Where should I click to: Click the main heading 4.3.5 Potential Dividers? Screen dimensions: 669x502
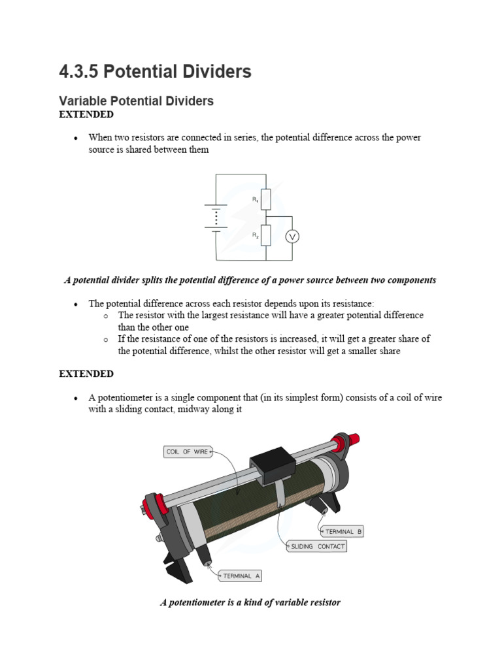(x=155, y=72)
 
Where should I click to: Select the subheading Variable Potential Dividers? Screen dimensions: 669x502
(x=136, y=101)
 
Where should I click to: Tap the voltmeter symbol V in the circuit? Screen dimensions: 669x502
(x=292, y=237)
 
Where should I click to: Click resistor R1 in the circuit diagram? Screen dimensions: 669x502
(x=265, y=199)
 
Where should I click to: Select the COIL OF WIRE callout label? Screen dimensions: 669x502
(x=188, y=452)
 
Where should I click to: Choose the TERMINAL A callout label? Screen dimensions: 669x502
(x=241, y=576)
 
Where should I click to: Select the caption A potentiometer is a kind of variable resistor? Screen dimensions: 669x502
(x=250, y=602)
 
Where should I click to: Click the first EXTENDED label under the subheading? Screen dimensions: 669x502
(x=86, y=115)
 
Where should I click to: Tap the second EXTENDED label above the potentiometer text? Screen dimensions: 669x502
(x=86, y=374)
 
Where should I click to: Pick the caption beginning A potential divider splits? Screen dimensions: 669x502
(x=250, y=280)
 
